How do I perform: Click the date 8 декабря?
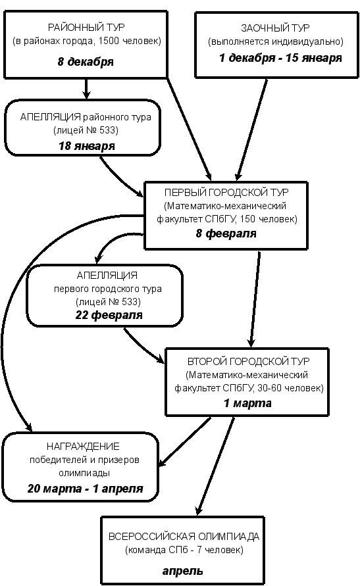coord(86,62)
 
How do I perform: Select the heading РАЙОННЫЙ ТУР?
coord(86,27)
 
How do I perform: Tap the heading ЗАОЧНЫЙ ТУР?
coord(276,28)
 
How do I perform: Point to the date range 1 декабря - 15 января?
coord(280,58)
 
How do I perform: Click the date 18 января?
coord(87,146)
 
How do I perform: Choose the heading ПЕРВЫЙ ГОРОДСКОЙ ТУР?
coord(226,193)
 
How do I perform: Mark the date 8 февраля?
coord(226,233)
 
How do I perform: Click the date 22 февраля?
coord(109,315)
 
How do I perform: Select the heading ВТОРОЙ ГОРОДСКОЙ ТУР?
coord(249,361)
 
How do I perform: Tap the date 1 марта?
coord(248,403)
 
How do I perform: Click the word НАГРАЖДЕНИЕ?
coord(83,446)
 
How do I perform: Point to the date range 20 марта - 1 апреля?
coord(86,489)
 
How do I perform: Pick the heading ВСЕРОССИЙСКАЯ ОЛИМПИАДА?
coord(184,537)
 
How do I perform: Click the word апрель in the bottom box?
coord(183,571)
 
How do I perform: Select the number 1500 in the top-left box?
coord(109,41)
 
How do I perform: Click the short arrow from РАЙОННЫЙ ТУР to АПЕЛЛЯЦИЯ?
coord(86,89)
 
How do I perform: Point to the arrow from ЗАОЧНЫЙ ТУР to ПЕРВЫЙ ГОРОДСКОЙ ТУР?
coord(251,130)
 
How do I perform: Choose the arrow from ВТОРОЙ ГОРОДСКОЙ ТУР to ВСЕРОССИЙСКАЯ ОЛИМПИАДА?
coord(216,466)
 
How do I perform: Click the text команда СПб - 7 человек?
coord(184,550)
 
